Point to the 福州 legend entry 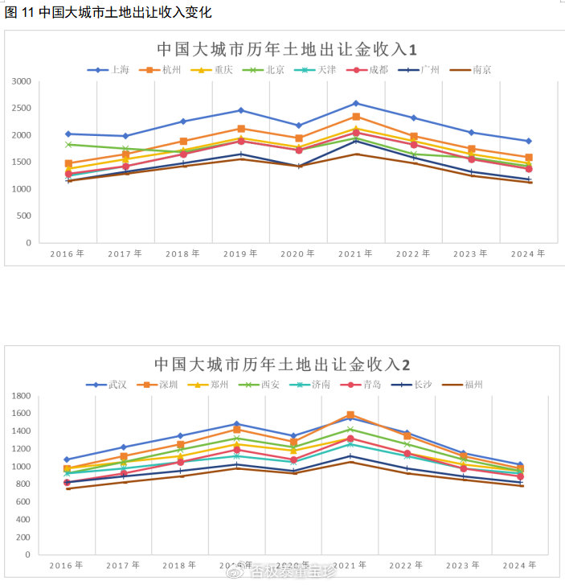click(x=473, y=385)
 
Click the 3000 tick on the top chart click(x=22, y=81)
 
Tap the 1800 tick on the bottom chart click(x=22, y=396)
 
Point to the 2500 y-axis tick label click(x=22, y=109)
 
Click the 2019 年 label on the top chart click(x=240, y=253)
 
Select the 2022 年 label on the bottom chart click(x=412, y=566)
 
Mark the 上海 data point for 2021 click(x=355, y=103)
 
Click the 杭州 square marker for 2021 click(x=355, y=117)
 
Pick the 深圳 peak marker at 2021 click(x=350, y=415)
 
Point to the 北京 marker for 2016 click(x=68, y=144)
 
